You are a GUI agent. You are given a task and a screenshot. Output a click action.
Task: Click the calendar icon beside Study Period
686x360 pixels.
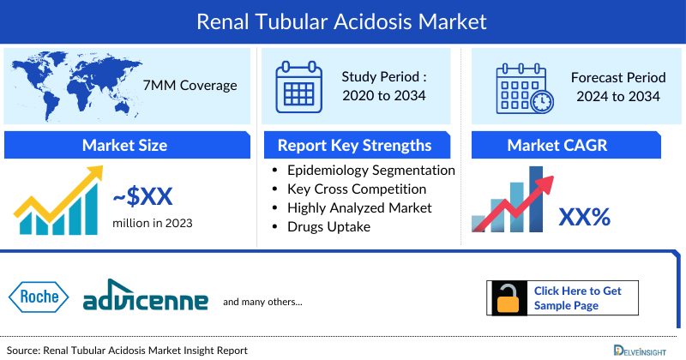[x=299, y=86]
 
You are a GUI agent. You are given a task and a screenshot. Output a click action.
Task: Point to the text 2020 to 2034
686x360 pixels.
[x=384, y=95]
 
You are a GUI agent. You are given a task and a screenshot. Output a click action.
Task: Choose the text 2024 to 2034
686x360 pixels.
[x=618, y=96]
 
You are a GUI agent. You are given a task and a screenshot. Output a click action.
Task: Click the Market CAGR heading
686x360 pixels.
[x=569, y=145]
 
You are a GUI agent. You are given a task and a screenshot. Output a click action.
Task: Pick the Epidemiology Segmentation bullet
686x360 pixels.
[x=371, y=170]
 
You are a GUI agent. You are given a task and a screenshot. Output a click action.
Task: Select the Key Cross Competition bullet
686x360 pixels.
[x=357, y=189]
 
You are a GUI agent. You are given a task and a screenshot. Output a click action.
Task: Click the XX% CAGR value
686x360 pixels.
[x=584, y=218]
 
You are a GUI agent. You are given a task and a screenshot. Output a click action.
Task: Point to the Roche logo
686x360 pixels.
[x=39, y=297]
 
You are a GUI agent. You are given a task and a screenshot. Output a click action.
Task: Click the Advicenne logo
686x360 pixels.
[x=146, y=300]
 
